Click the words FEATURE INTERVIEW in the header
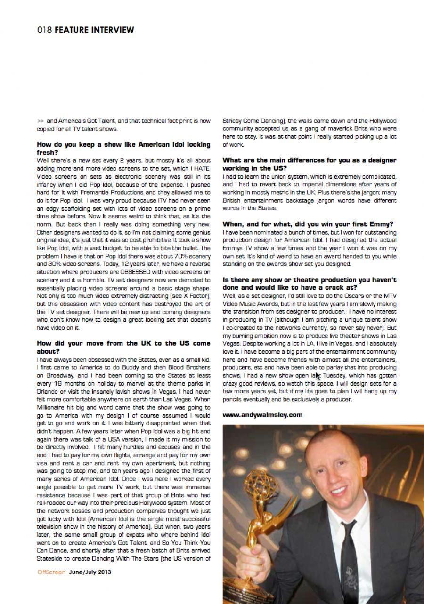(x=94, y=30)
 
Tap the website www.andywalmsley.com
(x=262, y=415)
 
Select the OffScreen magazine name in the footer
(x=51, y=572)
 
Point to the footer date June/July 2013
(x=90, y=572)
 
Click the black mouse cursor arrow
(x=318, y=375)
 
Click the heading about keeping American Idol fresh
(x=123, y=149)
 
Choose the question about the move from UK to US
(x=123, y=347)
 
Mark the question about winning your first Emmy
(x=308, y=224)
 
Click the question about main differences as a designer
(x=310, y=164)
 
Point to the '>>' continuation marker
(x=40, y=121)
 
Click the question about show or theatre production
(x=310, y=283)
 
